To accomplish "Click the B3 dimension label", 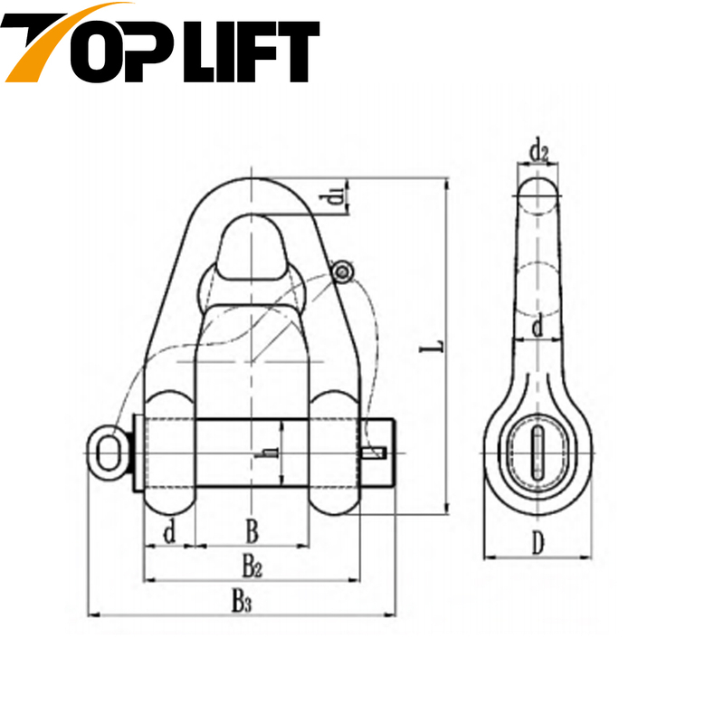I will [240, 600].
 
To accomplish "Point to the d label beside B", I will [168, 532].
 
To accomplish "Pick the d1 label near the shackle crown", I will [336, 194].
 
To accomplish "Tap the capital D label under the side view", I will [538, 544].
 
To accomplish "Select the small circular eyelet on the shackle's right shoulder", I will [340, 271].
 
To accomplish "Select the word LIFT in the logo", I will [256, 50].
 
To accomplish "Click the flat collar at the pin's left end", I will [136, 452].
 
